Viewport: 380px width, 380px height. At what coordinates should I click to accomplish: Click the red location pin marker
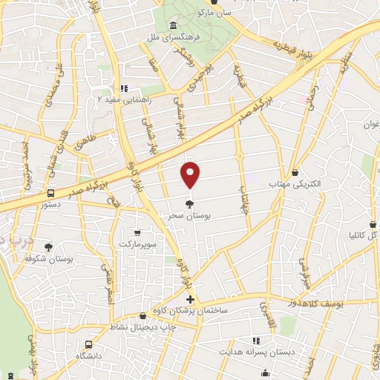(x=191, y=174)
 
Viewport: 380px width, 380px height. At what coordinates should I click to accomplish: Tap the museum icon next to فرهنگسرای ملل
(x=172, y=27)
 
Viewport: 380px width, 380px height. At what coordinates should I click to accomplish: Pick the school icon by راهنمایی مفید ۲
(x=125, y=88)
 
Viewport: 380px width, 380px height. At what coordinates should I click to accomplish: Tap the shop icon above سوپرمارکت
(x=137, y=232)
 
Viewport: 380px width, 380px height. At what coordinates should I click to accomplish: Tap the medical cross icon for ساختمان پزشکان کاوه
(x=191, y=300)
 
